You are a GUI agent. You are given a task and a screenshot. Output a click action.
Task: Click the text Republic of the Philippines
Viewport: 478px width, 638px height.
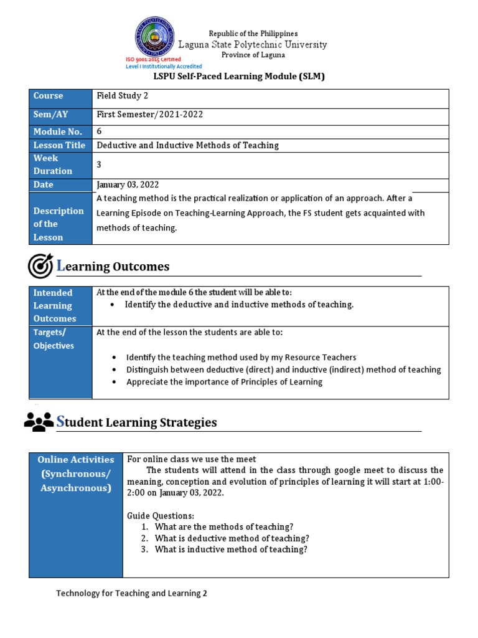pos(253,33)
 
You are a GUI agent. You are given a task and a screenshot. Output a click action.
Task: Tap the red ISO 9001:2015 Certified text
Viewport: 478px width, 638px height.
pos(153,59)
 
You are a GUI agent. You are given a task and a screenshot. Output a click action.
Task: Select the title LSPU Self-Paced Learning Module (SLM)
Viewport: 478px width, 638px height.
pos(239,77)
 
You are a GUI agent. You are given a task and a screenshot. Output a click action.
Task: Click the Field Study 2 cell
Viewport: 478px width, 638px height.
pos(123,96)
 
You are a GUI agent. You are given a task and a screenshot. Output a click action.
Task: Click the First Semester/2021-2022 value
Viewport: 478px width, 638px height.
pos(149,115)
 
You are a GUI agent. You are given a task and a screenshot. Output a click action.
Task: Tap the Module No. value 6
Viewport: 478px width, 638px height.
pos(99,131)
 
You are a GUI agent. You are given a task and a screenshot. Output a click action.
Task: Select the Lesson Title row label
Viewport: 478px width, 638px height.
pos(59,145)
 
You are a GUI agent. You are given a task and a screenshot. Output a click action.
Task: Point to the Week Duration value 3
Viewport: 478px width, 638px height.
pos(99,164)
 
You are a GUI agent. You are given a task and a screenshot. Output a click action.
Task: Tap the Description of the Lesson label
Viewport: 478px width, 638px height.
pos(59,224)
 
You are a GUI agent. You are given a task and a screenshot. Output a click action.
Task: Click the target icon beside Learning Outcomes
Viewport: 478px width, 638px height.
pos(40,266)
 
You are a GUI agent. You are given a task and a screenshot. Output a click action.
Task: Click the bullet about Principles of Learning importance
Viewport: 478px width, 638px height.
pos(224,382)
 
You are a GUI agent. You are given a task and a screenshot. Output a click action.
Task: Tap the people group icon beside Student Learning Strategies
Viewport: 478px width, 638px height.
pos(39,422)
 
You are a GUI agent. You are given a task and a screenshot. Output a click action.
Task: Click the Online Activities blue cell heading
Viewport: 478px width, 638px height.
pos(76,474)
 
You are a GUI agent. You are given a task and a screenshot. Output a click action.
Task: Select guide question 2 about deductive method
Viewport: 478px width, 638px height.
pos(232,538)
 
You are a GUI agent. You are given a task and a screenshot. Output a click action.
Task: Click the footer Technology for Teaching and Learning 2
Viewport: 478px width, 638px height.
pos(131,593)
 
